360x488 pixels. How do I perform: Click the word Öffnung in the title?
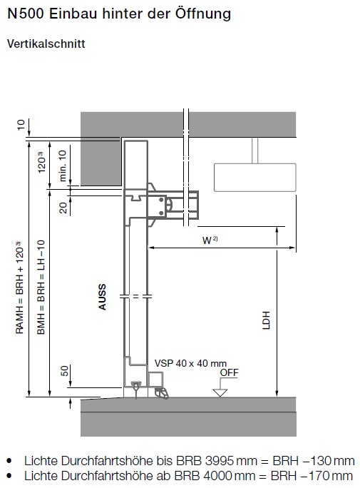[202, 14]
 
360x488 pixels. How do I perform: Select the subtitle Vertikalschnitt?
[46, 44]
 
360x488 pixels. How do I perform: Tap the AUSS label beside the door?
[102, 297]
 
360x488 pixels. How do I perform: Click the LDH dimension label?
[266, 320]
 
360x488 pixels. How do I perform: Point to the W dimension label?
[210, 240]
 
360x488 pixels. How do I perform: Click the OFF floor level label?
[229, 372]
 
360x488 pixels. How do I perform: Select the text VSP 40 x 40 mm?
[190, 363]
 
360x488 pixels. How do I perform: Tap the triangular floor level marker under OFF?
[220, 393]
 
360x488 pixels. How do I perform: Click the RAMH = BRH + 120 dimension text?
[19, 288]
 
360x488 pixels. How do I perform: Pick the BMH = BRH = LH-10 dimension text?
[41, 287]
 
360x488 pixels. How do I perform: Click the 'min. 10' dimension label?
[63, 166]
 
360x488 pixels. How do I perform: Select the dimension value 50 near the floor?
[64, 371]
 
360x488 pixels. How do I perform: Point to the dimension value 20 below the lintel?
[63, 208]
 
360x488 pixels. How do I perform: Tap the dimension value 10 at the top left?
[21, 125]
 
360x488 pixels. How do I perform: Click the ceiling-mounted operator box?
[255, 178]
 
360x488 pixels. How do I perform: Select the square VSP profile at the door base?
[155, 380]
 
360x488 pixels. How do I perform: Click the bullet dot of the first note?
[9, 461]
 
